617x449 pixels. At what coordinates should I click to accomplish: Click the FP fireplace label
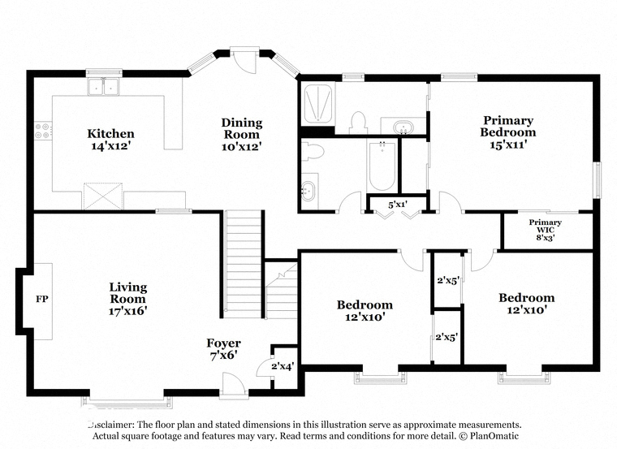[42, 299]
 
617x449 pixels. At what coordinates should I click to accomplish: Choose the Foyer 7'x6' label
[223, 348]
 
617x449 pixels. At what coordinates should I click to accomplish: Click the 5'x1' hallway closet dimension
[398, 205]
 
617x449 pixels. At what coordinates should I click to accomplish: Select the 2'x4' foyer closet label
[283, 366]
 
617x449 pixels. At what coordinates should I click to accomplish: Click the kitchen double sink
[103, 87]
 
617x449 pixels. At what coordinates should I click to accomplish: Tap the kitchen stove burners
[42, 131]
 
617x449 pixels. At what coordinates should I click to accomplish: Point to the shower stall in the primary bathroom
[318, 104]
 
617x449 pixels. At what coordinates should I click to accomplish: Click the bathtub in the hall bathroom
[382, 166]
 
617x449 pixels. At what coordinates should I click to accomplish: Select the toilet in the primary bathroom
[358, 123]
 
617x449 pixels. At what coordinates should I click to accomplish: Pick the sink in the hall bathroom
[308, 191]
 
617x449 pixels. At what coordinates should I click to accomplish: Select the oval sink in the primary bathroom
[403, 127]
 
